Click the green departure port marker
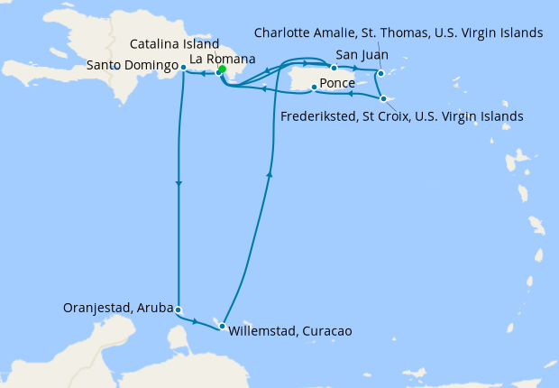point(222,69)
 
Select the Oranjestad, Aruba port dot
point(179,309)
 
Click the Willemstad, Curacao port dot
point(223,326)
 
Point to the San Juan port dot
point(334,68)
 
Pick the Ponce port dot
point(313,88)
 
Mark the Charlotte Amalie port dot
point(381,73)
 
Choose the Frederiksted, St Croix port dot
point(383,98)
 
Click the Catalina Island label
point(174,43)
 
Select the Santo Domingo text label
point(133,66)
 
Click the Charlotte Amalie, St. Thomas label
point(398,33)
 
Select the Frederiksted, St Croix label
point(401,115)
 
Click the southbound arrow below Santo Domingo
point(179,185)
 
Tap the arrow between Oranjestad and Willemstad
point(197,320)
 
